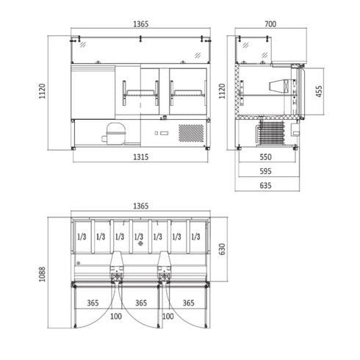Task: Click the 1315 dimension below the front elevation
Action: click(x=141, y=157)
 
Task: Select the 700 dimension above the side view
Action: click(x=270, y=24)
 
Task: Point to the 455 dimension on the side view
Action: click(x=318, y=90)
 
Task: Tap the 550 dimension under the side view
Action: click(x=265, y=157)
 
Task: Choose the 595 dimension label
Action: click(x=265, y=171)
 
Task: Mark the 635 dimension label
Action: click(x=265, y=185)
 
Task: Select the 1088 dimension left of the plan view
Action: click(x=42, y=273)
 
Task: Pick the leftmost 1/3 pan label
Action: click(x=81, y=237)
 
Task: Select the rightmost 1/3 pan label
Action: click(x=195, y=237)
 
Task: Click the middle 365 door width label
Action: click(x=140, y=302)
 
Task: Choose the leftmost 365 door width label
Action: click(x=92, y=302)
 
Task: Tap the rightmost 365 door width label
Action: click(x=188, y=302)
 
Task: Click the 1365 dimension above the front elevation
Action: click(x=141, y=24)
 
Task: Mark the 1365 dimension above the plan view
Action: click(x=141, y=207)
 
